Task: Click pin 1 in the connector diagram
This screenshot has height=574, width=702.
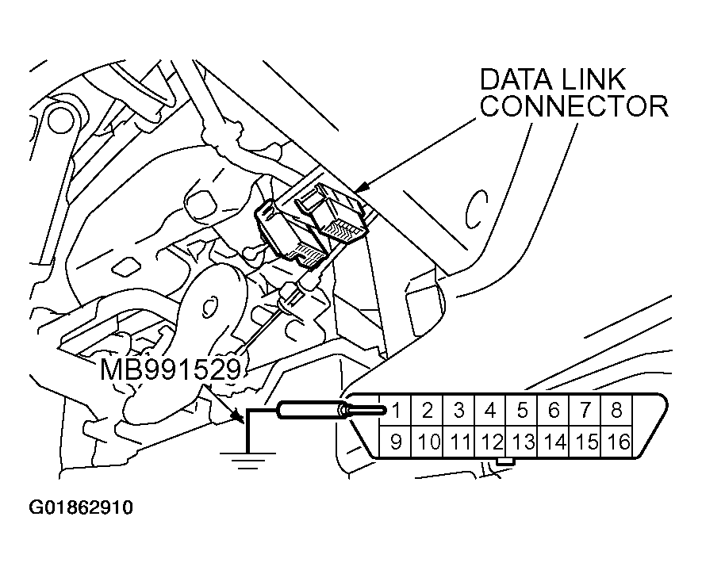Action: (396, 411)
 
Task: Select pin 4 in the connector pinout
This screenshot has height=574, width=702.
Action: (490, 411)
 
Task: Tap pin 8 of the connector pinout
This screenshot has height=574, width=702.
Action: (616, 411)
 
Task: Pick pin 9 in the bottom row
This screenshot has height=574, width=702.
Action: (396, 442)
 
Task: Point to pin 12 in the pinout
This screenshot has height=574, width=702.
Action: (492, 442)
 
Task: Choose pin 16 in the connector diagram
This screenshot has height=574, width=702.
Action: (617, 442)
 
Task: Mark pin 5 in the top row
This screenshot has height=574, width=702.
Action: (522, 411)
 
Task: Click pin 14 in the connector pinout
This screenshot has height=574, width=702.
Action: (554, 442)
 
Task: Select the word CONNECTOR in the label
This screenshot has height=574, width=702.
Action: (574, 106)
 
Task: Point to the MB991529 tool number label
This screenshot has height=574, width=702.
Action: (169, 370)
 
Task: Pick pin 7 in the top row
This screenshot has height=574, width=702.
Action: (585, 411)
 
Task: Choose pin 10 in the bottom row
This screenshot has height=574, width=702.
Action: (428, 442)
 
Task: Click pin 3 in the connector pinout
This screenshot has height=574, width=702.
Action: (458, 411)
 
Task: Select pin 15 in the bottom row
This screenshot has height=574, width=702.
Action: (586, 442)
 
